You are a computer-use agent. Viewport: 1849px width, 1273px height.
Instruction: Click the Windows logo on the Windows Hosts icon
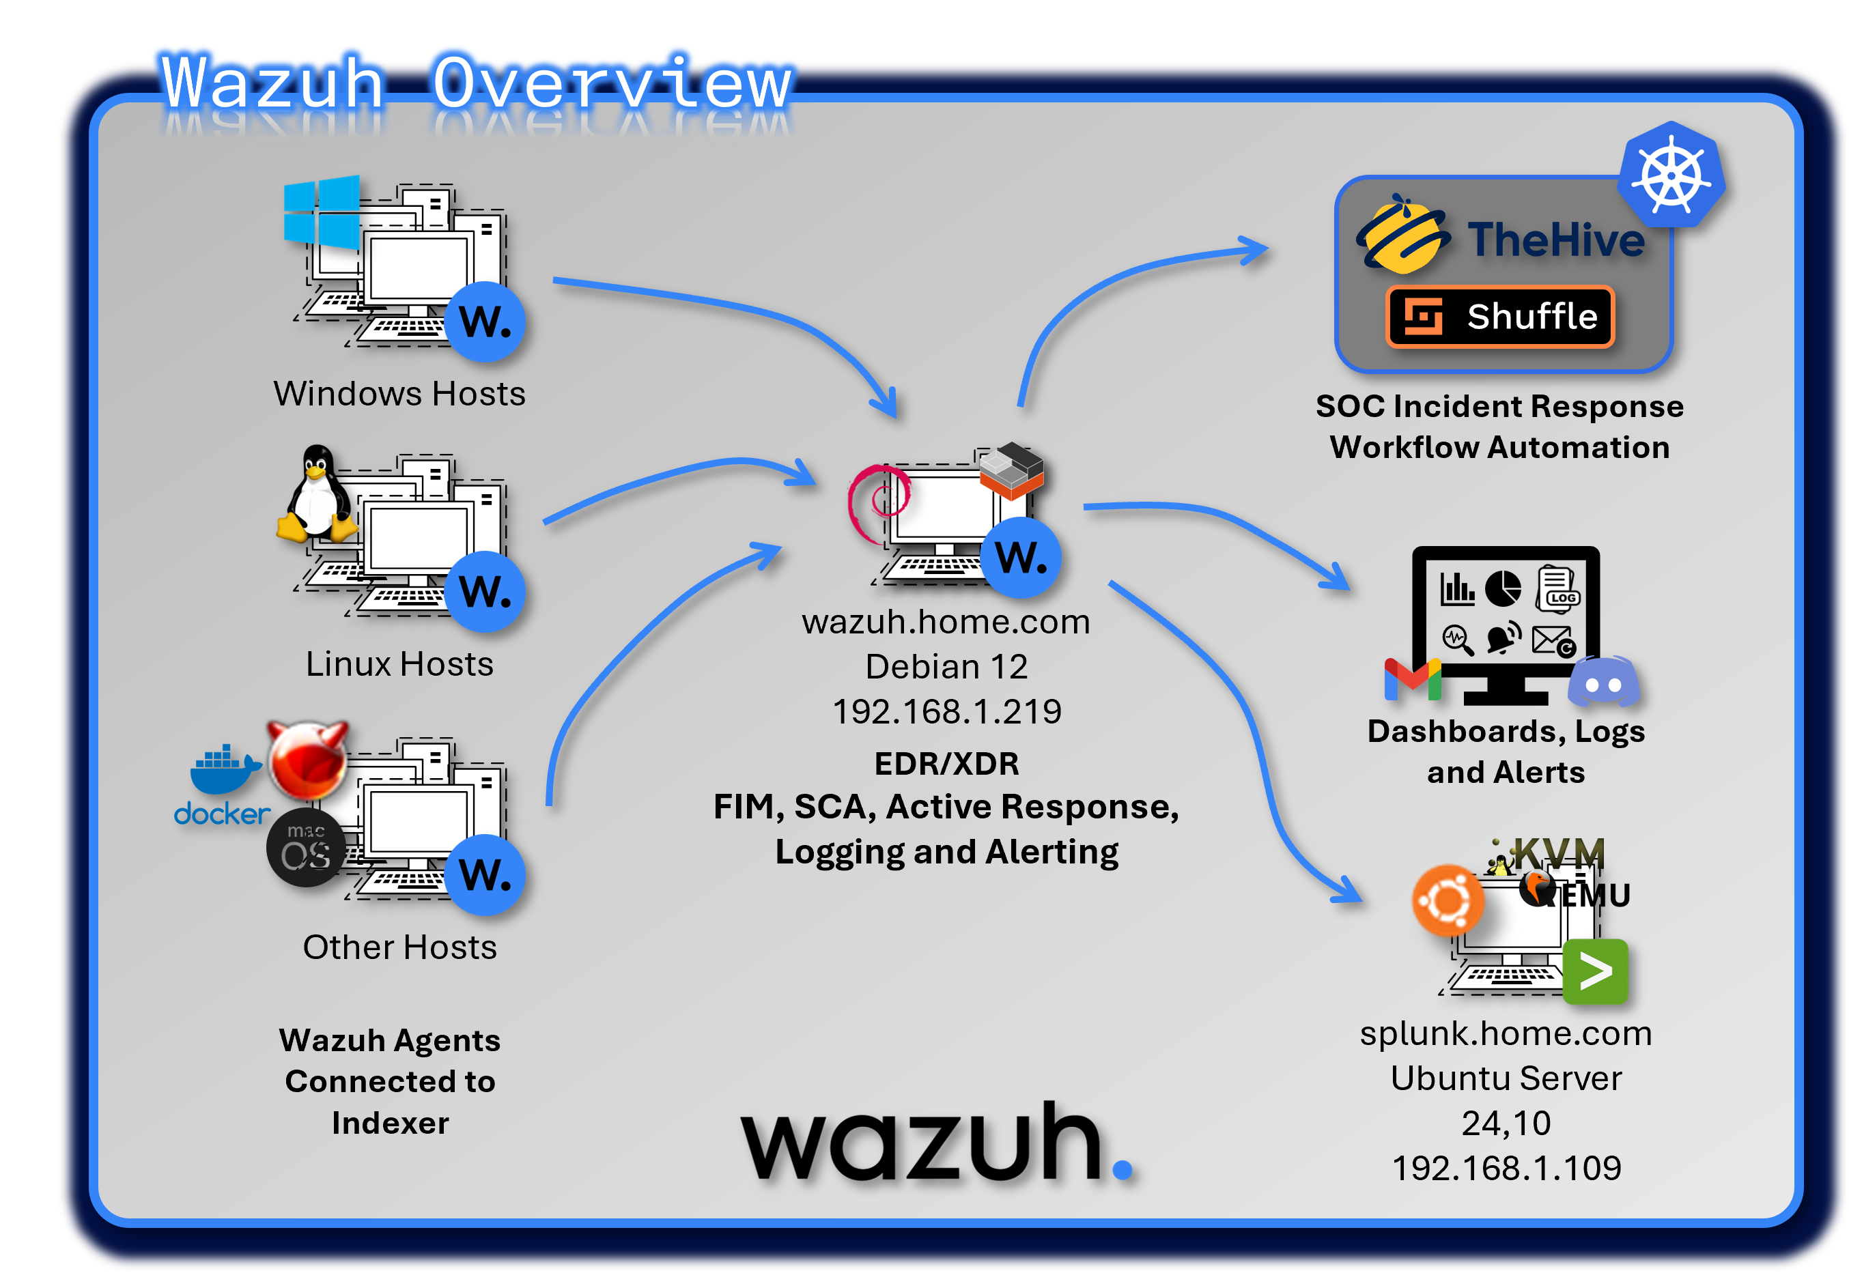pyautogui.click(x=322, y=212)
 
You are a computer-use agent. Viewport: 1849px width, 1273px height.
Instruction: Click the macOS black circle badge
pyautogui.click(x=305, y=847)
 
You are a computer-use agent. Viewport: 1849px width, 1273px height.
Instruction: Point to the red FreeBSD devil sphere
pyautogui.click(x=307, y=758)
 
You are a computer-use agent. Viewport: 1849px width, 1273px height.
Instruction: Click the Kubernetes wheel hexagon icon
pyautogui.click(x=1671, y=176)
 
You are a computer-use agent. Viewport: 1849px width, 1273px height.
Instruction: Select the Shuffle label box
pyautogui.click(x=1500, y=317)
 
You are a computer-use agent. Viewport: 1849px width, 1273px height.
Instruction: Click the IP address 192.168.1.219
pyautogui.click(x=947, y=711)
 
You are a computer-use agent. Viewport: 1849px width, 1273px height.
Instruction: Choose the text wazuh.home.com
pyautogui.click(x=946, y=622)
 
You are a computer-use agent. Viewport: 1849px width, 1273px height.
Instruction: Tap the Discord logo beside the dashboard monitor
pyautogui.click(x=1603, y=683)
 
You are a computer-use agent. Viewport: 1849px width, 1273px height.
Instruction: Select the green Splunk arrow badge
pyautogui.click(x=1594, y=971)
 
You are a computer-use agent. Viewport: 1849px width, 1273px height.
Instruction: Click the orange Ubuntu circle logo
pyautogui.click(x=1448, y=900)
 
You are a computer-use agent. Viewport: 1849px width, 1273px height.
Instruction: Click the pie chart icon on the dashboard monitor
pyautogui.click(x=1503, y=588)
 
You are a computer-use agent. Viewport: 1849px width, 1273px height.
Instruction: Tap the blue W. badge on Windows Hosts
pyautogui.click(x=485, y=321)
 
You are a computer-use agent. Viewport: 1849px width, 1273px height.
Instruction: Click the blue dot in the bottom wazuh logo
pyautogui.click(x=1122, y=1169)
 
